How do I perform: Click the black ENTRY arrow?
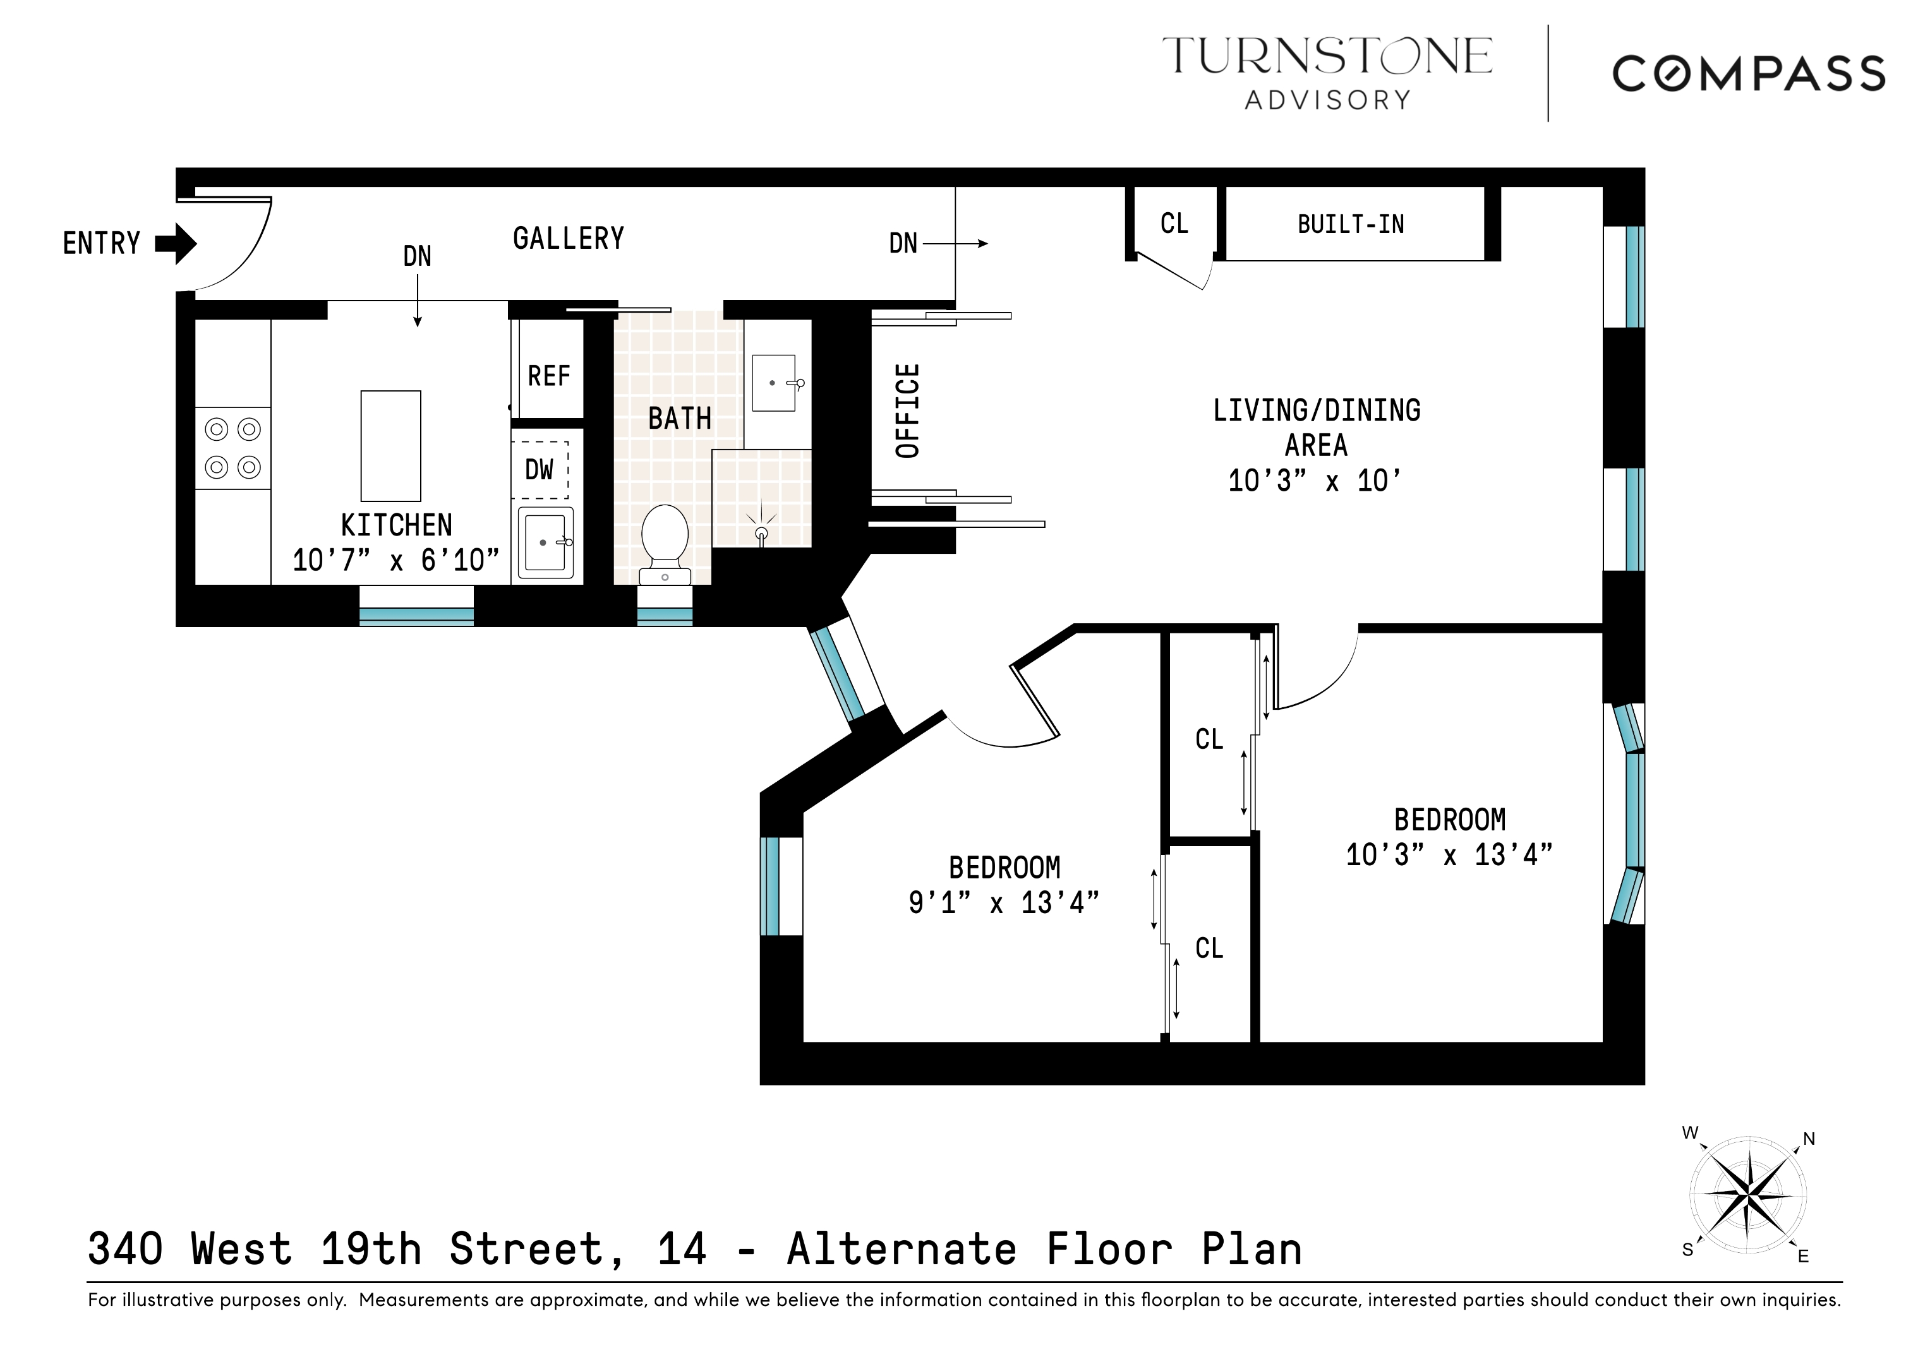pyautogui.click(x=176, y=244)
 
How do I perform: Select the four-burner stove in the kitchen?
pyautogui.click(x=233, y=448)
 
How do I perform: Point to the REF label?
pyautogui.click(x=548, y=376)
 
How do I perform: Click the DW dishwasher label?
pyautogui.click(x=539, y=469)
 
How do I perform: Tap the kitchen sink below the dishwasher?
pyautogui.click(x=545, y=542)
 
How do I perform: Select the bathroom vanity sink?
pyautogui.click(x=774, y=383)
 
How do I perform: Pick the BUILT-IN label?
pyautogui.click(x=1350, y=224)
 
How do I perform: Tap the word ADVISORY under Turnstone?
pyautogui.click(x=1327, y=100)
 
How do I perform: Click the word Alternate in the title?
pyautogui.click(x=901, y=1250)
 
